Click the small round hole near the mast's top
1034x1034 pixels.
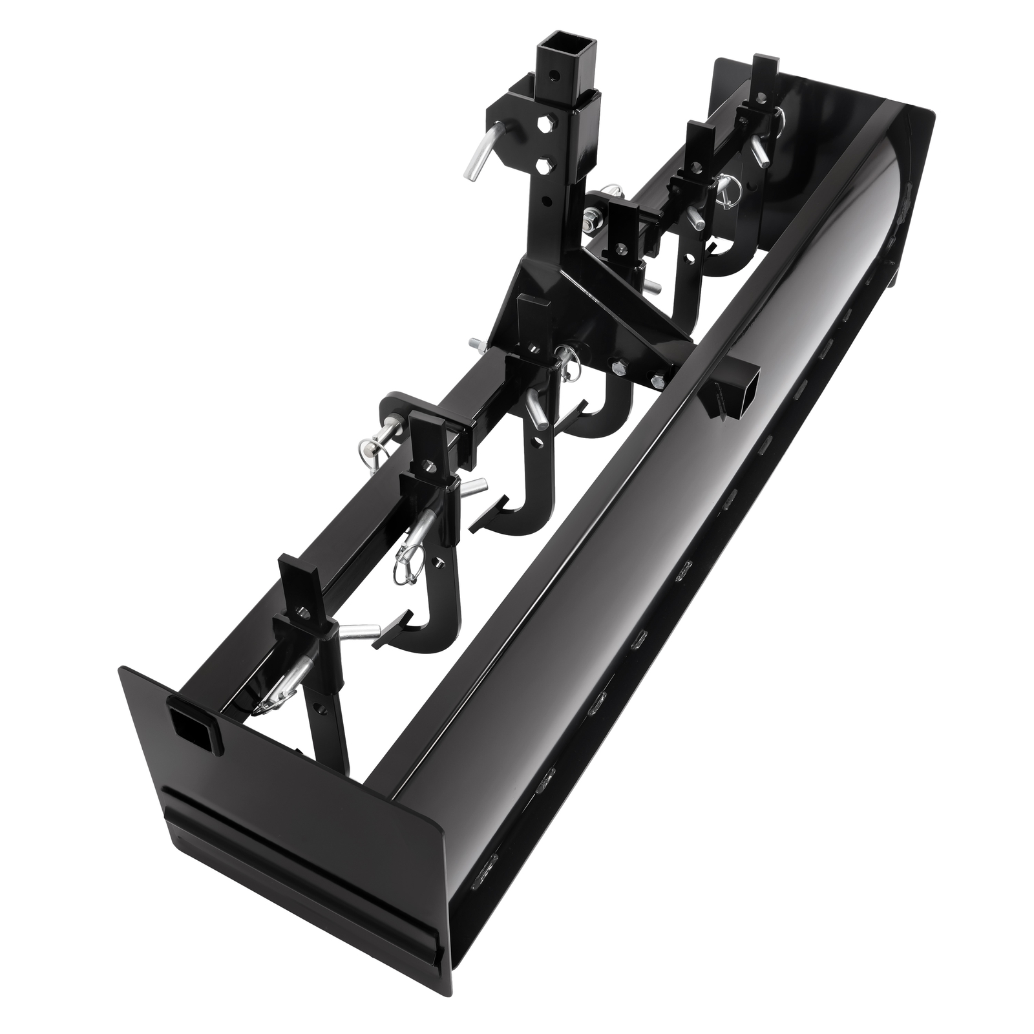click(549, 85)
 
